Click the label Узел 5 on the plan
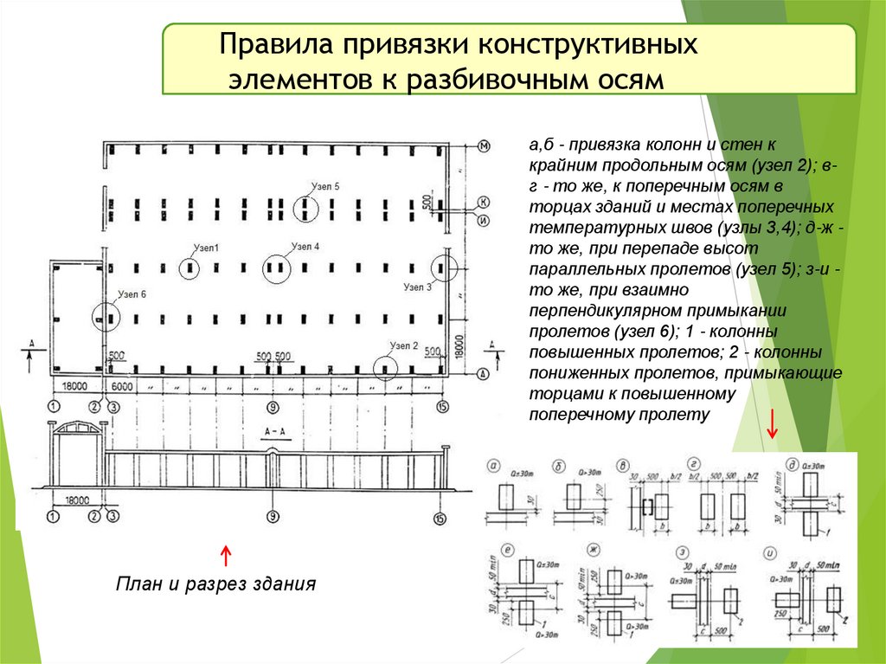coord(324,185)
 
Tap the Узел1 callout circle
coord(191,268)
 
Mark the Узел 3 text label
coord(417,287)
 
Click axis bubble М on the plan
coord(484,145)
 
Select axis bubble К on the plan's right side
coord(484,201)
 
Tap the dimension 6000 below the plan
coord(121,384)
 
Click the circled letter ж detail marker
coord(594,550)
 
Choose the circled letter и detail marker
coord(769,550)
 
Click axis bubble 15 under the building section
coord(443,519)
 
